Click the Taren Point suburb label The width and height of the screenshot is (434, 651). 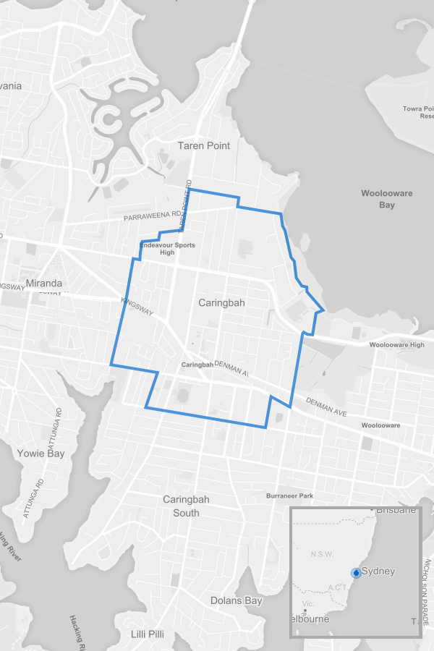(x=204, y=145)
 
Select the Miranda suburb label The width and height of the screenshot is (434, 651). (x=44, y=283)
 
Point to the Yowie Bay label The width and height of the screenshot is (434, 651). (x=41, y=454)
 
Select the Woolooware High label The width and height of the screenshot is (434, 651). (x=397, y=345)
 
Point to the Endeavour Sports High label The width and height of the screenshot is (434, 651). (x=167, y=248)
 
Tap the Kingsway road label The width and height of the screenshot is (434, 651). (x=138, y=310)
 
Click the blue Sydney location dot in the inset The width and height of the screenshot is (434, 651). (x=356, y=572)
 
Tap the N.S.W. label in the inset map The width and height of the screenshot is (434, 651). (x=320, y=554)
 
